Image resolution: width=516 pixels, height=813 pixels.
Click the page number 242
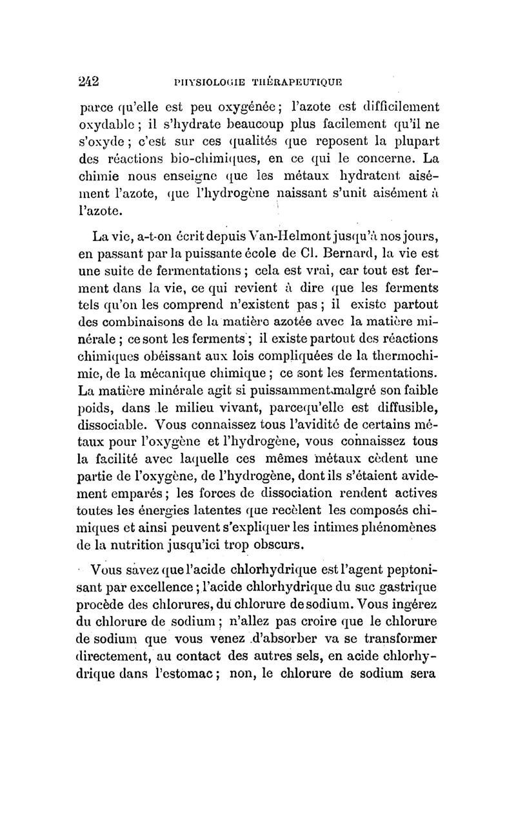[87, 82]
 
